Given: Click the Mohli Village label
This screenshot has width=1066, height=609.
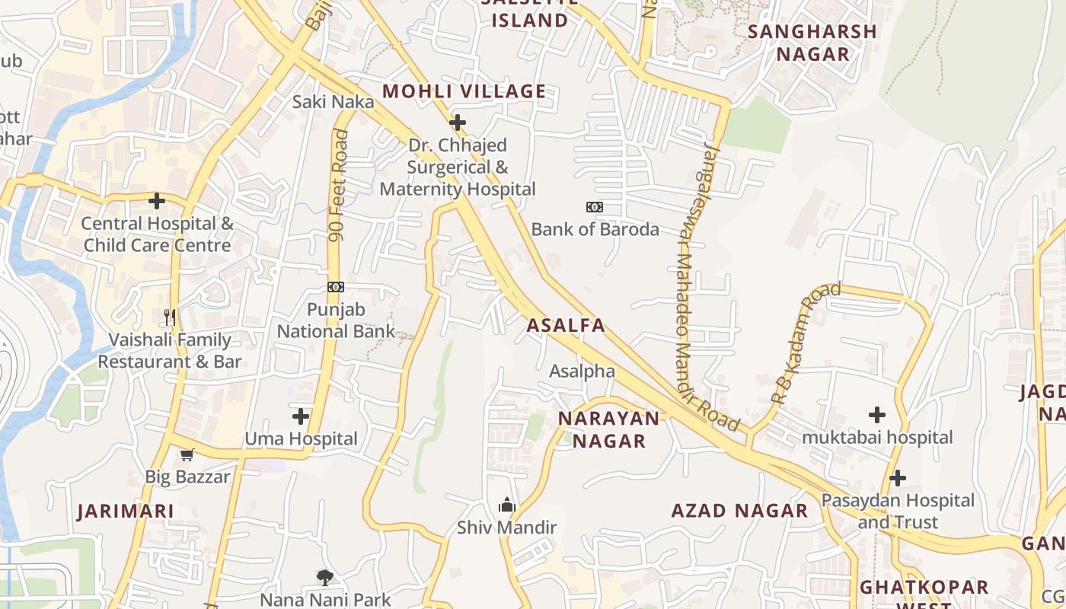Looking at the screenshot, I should pos(464,91).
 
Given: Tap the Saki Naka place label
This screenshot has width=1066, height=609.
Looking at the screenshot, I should pos(334,101).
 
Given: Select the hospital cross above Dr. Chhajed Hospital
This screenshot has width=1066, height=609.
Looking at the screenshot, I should pos(458,123).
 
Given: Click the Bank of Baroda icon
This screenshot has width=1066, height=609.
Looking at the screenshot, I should pos(594,207).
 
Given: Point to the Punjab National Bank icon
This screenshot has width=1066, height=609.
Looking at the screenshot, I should pos(336,287).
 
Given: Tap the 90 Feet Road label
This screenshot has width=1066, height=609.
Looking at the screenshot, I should pos(338,186).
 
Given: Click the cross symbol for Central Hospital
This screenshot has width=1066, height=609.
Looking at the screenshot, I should pos(157,201).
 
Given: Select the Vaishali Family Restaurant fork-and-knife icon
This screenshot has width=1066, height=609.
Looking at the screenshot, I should pos(170,317).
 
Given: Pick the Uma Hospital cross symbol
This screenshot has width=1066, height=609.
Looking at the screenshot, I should pos(301,416).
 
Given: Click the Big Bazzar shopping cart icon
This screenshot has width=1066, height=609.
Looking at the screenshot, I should pos(187,454).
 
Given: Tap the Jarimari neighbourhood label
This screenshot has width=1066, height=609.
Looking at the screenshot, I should pos(126,511).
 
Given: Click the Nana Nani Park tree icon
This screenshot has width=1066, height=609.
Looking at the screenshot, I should pos(325,578).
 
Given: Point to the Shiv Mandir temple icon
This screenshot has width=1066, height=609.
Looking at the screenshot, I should pos(507,505).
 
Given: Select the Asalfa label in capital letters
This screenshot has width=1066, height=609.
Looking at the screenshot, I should pos(566,326).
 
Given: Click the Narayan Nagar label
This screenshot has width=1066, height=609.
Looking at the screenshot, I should pos(609,429).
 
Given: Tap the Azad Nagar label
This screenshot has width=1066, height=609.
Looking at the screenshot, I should pos(739,511).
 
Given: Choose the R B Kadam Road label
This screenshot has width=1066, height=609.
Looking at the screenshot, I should pos(806,343).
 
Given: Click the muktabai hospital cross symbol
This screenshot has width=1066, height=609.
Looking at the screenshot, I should pos(877,415).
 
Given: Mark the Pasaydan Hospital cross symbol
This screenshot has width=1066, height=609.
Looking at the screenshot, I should pos(898,478).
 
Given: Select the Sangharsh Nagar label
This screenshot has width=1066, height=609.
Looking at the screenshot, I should pos(812,43).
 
